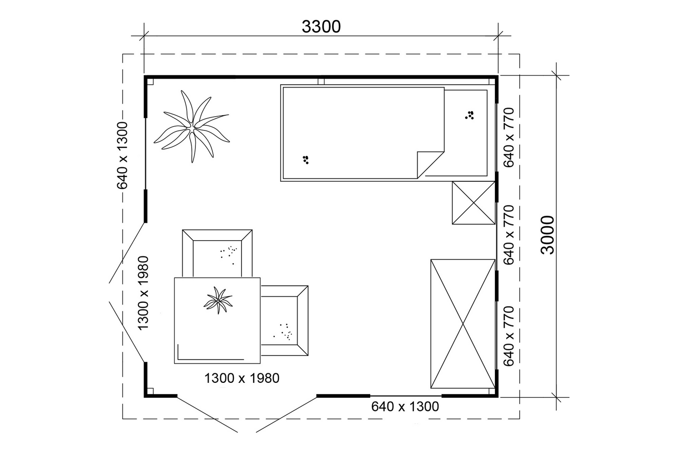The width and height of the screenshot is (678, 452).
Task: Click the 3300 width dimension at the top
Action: tap(321, 27)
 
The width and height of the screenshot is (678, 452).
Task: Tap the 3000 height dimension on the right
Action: tap(547, 235)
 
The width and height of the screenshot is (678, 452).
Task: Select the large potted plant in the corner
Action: tap(191, 126)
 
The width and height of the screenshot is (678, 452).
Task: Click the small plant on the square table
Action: tap(218, 300)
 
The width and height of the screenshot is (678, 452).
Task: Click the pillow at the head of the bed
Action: tap(466, 133)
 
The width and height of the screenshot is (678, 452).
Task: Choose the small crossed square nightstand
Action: tap(473, 203)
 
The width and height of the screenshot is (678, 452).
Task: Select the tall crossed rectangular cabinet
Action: tap(463, 323)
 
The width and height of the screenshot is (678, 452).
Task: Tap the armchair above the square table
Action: tap(218, 253)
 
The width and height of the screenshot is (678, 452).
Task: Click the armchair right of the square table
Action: tap(284, 321)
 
